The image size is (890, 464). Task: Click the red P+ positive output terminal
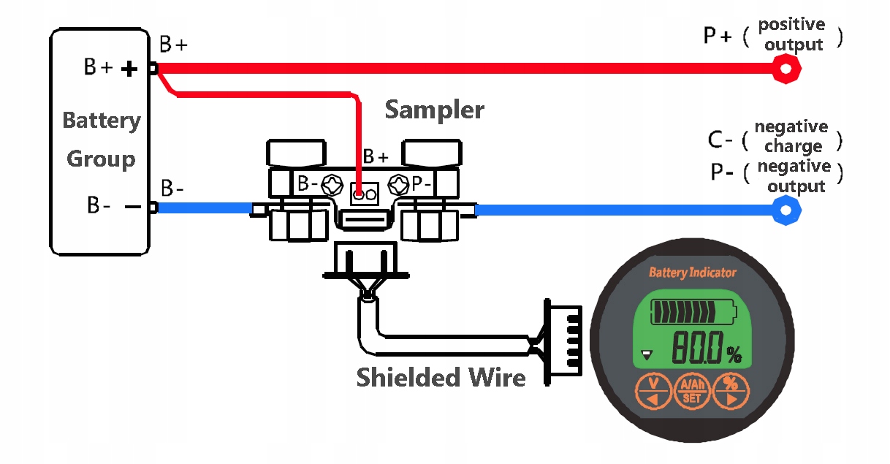(x=786, y=69)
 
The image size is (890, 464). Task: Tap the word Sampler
(x=434, y=110)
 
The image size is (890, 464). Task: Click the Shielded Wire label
(x=441, y=377)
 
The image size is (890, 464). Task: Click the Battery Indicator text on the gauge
(x=693, y=273)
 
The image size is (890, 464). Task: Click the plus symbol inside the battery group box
(x=129, y=69)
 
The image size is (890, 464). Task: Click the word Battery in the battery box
(x=102, y=120)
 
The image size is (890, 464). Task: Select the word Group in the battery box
(x=101, y=159)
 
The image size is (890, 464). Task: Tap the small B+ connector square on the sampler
(x=365, y=194)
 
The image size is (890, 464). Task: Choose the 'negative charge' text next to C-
(x=792, y=136)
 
